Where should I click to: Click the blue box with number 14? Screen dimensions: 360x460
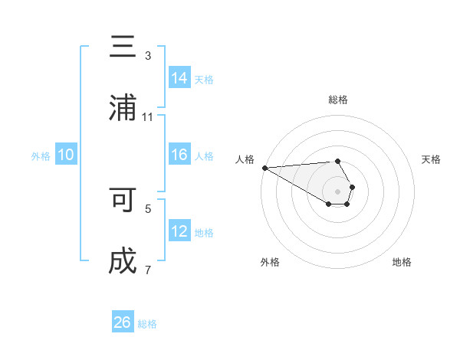[x=179, y=77]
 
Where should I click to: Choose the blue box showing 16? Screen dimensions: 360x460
[x=179, y=155]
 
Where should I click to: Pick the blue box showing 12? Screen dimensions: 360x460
[x=179, y=231]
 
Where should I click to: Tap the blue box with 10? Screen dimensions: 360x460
[x=66, y=155]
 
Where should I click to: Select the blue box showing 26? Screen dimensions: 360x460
[x=123, y=322]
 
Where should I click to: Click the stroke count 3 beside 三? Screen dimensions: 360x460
[x=148, y=55]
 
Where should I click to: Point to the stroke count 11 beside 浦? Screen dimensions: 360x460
[x=148, y=116]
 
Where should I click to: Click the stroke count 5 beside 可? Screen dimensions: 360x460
[x=148, y=208]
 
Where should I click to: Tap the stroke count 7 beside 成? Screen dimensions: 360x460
[x=148, y=270]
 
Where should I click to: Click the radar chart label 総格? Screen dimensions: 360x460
[x=338, y=100]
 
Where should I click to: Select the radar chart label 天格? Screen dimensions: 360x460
[x=432, y=159]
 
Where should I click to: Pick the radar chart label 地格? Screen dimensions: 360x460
[x=402, y=262]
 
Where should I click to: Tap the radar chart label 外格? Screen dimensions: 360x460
[x=270, y=262]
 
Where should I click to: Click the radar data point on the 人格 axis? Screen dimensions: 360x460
[x=264, y=168]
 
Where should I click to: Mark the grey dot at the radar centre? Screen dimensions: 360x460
[x=337, y=191]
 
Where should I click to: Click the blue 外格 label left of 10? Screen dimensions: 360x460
[x=41, y=155]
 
